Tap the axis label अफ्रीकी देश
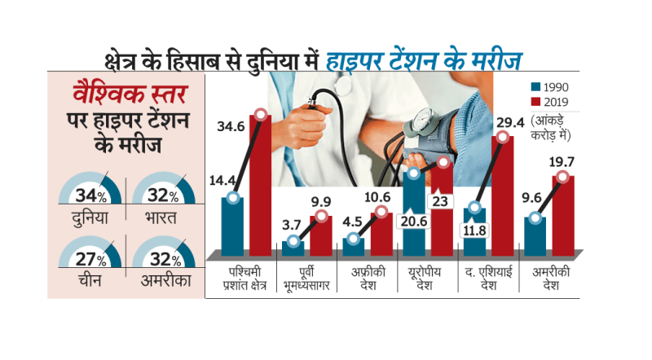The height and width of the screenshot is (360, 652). click(366, 275)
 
